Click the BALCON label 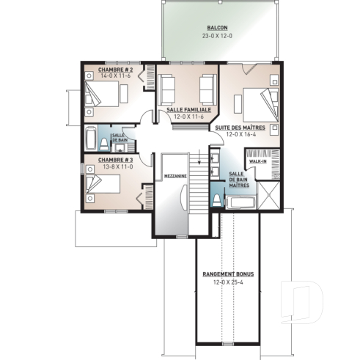point(217,27)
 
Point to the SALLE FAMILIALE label point(189,109)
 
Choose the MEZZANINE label point(175,177)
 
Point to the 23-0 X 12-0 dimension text point(217,36)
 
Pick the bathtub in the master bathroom point(239,201)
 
